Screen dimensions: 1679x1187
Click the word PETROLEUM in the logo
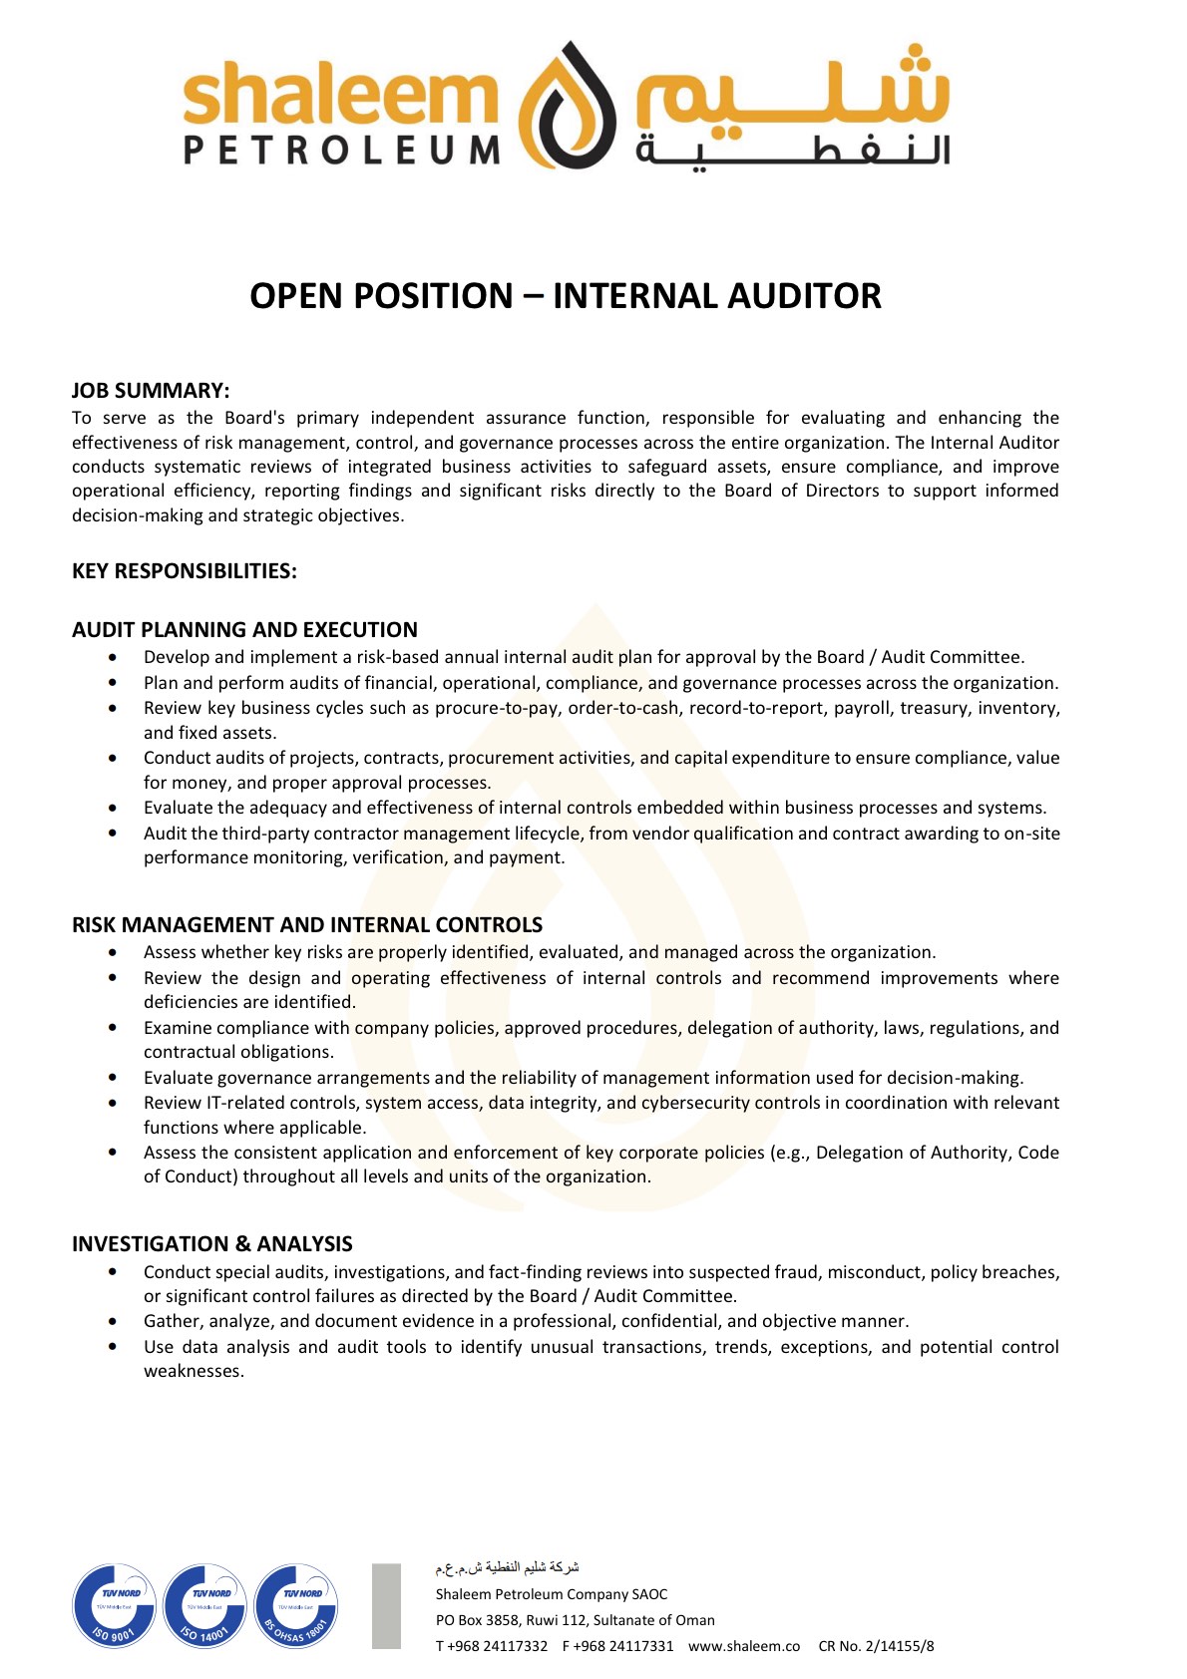342,150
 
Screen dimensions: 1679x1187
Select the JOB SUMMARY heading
151,391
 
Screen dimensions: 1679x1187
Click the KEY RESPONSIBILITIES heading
185,571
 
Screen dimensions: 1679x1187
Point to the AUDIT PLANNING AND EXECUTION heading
244,630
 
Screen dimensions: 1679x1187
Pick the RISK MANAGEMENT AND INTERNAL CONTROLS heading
307,925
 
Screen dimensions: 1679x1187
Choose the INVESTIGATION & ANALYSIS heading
212,1244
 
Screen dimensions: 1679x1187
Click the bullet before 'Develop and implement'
113,657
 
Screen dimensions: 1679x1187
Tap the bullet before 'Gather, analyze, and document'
113,1321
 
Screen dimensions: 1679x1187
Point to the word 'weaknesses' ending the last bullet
193,1371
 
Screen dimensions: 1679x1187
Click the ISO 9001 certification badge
115,1605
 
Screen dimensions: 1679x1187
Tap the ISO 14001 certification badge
205,1605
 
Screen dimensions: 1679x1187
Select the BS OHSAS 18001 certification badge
296,1605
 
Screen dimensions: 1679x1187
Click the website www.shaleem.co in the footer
744,1646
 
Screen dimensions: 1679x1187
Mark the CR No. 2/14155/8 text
876,1646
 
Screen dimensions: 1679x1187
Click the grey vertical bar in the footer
386,1605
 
